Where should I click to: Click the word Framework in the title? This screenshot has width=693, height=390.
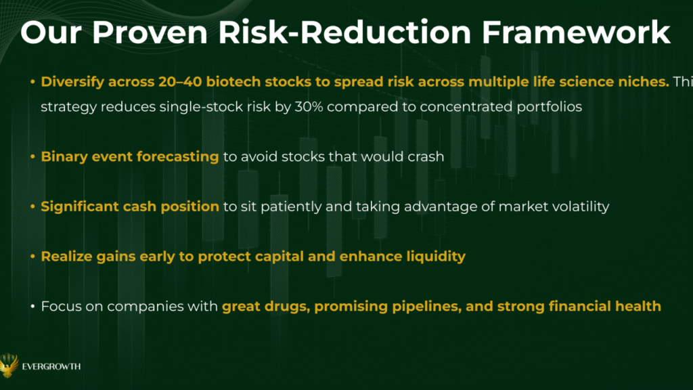[576, 32]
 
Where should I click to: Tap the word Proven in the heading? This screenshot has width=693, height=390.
[150, 32]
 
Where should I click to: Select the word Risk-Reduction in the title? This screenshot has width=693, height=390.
[344, 32]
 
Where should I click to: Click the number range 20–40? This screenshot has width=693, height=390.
[180, 82]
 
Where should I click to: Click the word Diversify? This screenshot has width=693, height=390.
[72, 82]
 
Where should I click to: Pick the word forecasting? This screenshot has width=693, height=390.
[177, 157]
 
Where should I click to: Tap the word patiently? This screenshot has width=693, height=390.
[291, 207]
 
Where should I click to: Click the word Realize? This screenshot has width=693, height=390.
[67, 257]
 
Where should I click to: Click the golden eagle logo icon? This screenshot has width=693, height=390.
[9, 365]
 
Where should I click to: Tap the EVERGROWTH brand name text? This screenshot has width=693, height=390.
[51, 366]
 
